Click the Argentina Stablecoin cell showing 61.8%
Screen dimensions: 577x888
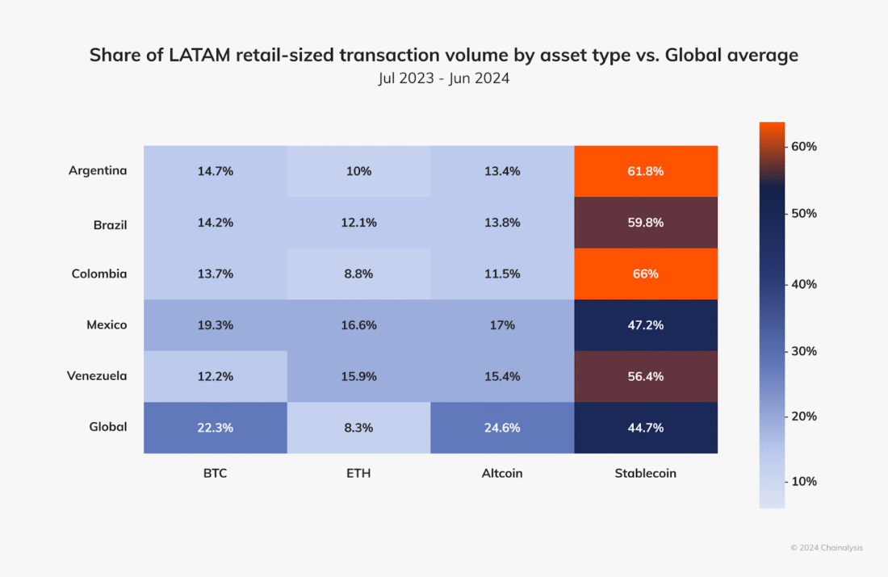(x=646, y=171)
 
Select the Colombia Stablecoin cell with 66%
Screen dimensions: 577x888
(x=646, y=274)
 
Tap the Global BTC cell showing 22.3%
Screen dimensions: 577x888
(x=215, y=428)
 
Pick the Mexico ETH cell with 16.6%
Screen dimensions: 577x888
(x=358, y=325)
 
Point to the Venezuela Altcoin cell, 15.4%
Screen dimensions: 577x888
(x=502, y=376)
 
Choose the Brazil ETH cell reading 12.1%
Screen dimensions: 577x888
(x=358, y=223)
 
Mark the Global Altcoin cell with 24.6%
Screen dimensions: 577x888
(x=502, y=428)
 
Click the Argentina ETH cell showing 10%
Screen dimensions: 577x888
(x=358, y=171)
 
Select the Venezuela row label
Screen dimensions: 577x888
(x=97, y=376)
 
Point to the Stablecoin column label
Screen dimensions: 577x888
(x=646, y=474)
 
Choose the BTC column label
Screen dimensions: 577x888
(x=215, y=474)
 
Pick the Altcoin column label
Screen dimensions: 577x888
(x=502, y=474)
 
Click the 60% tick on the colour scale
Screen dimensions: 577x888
(x=804, y=146)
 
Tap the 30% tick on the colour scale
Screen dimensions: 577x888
(x=804, y=351)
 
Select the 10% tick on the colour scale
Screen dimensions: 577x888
(x=804, y=481)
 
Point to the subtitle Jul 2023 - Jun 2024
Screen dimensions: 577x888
(x=443, y=81)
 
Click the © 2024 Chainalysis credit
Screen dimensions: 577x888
(x=826, y=548)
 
